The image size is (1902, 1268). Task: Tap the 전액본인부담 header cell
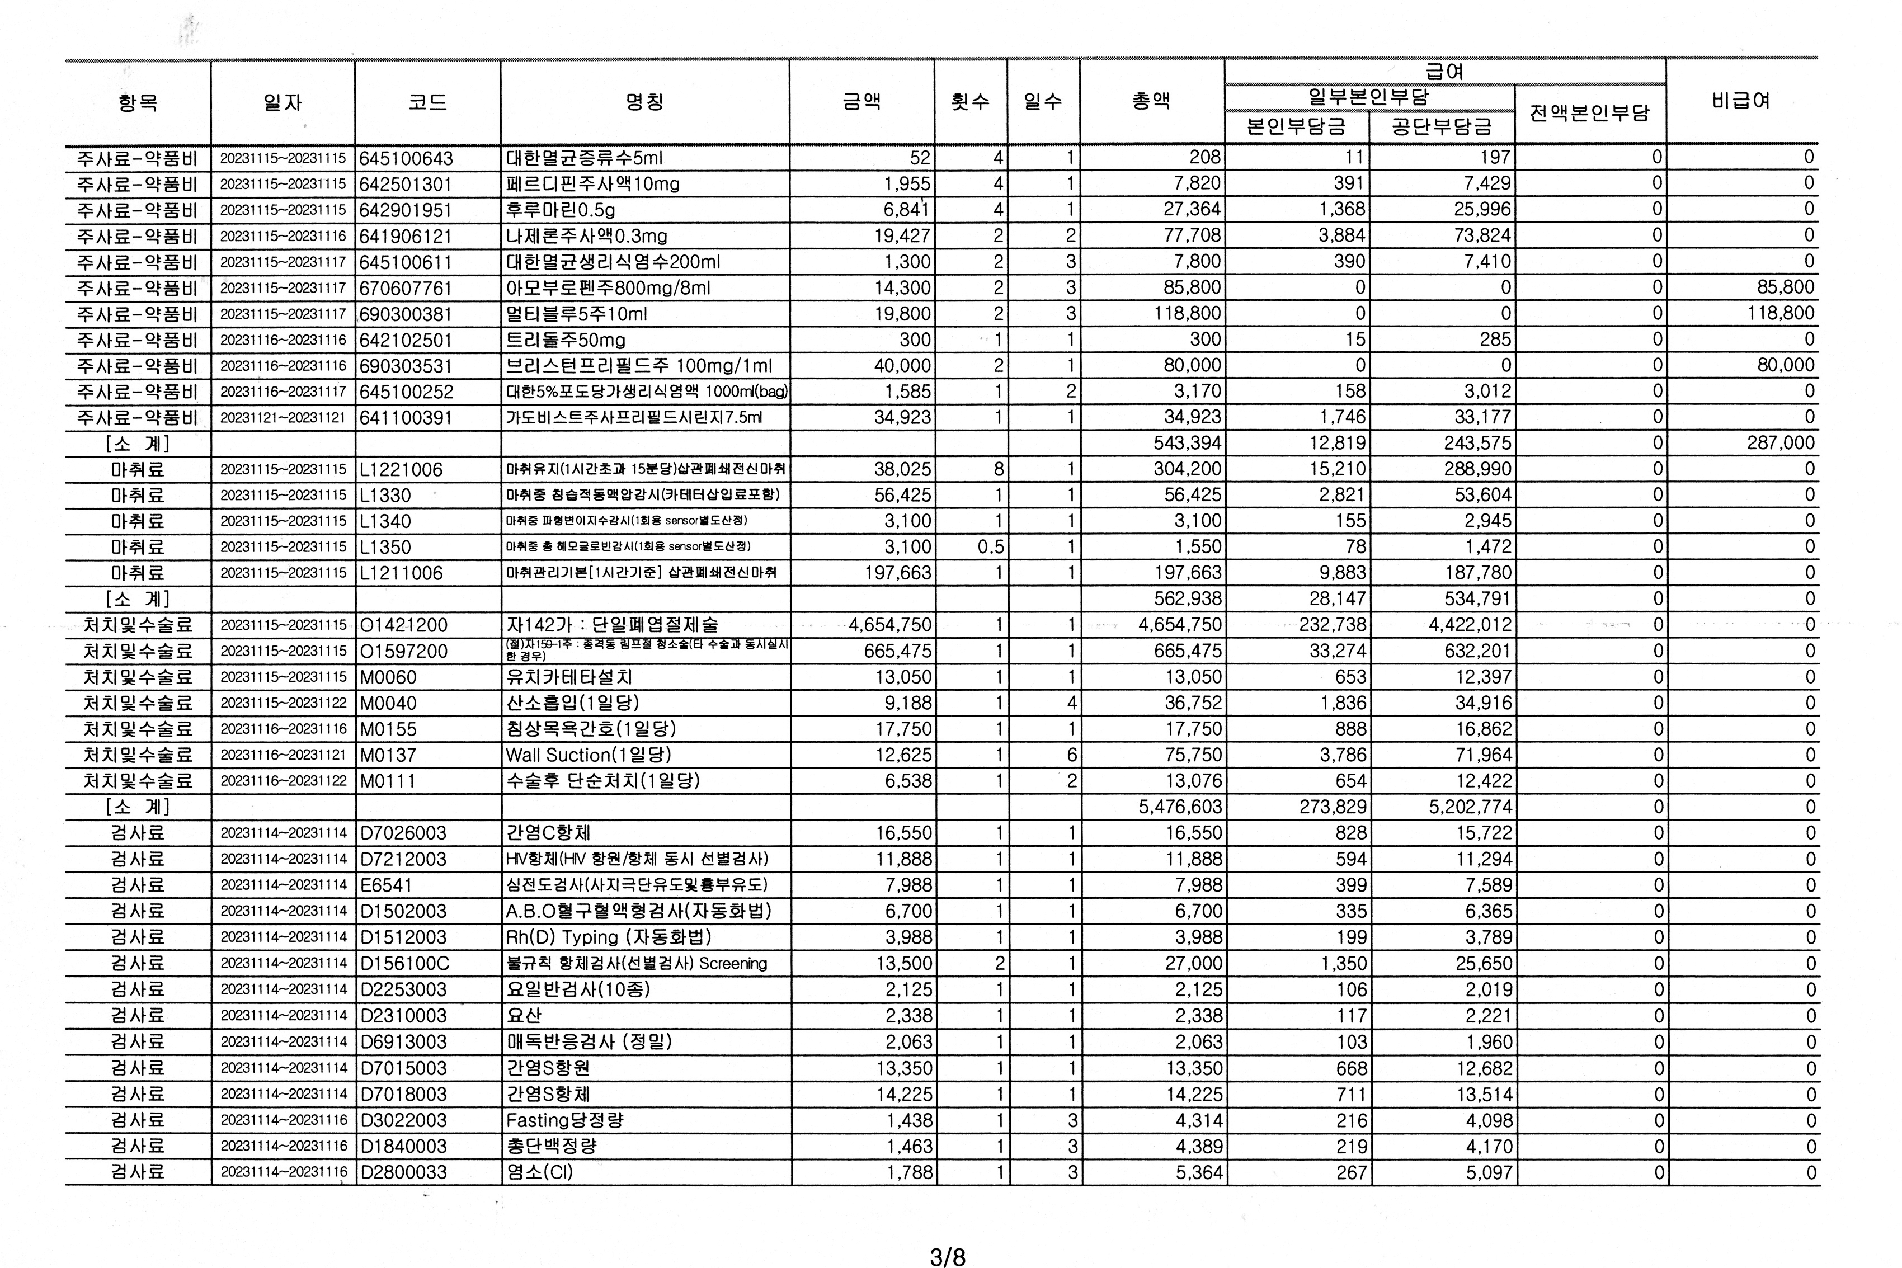point(1589,112)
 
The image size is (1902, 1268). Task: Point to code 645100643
point(406,158)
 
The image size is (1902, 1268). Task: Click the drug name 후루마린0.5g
point(561,210)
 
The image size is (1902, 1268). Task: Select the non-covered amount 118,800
point(1780,314)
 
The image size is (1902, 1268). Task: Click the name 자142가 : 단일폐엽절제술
point(611,625)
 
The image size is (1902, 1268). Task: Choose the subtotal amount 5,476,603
point(1180,807)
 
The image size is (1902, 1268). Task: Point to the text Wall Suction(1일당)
point(588,755)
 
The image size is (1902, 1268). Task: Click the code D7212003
point(403,859)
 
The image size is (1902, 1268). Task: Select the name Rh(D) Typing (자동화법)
point(608,937)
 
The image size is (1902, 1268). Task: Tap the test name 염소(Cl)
point(539,1172)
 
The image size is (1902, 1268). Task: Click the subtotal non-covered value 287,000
point(1780,443)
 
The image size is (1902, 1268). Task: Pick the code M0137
point(388,755)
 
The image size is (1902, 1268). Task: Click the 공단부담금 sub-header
point(1441,127)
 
